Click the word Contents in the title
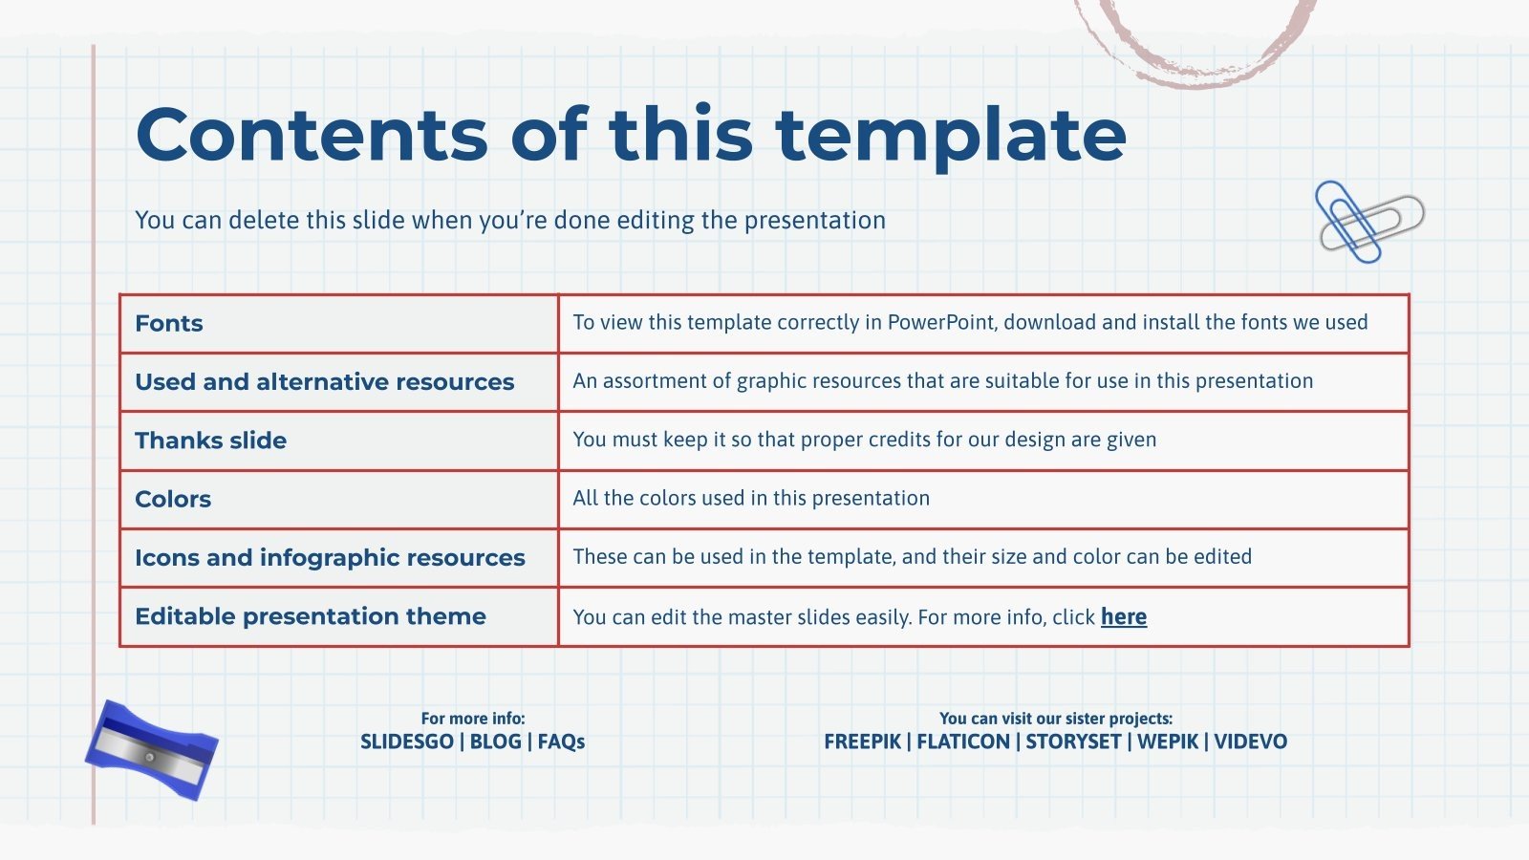(x=312, y=135)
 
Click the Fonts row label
(x=168, y=324)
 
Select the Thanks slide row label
(x=210, y=441)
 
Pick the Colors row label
(x=173, y=499)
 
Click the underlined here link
(x=1124, y=617)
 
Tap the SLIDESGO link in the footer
(x=407, y=742)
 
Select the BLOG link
(x=496, y=742)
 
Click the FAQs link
(x=561, y=742)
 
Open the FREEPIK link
(x=862, y=742)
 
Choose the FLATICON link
(x=963, y=742)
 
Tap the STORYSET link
(x=1074, y=742)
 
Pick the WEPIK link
(x=1168, y=742)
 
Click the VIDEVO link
(x=1251, y=742)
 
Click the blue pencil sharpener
(x=152, y=749)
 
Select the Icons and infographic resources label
(x=330, y=558)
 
